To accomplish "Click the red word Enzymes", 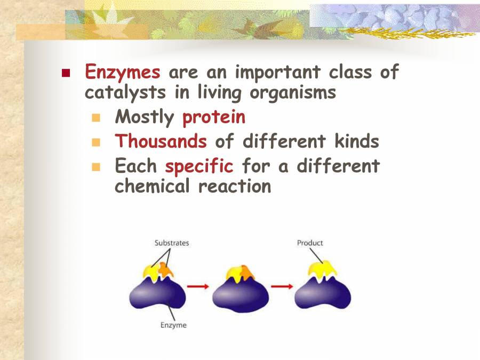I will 123,72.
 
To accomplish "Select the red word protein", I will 214,117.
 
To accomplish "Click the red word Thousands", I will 161,141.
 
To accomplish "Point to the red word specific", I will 199,166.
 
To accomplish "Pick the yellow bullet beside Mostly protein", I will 96,117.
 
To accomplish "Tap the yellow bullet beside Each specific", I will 96,166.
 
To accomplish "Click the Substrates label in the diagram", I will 172,243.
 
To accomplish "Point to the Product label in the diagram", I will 310,243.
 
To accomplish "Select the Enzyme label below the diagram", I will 174,325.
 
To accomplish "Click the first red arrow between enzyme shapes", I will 198,286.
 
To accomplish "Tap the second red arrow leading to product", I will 281,286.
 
